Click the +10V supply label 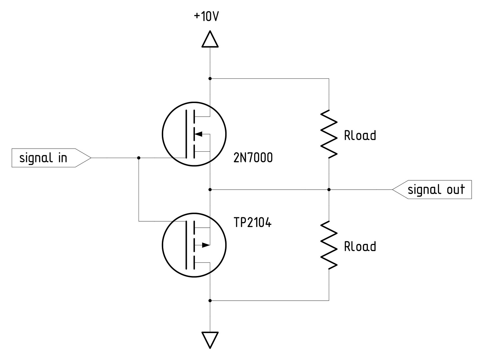point(207,16)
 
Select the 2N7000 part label point(253,157)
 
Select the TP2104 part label point(252,222)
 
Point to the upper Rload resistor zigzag point(329,134)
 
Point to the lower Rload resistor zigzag point(329,245)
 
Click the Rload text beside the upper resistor point(360,136)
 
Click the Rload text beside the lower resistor point(360,247)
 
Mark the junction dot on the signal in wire point(139,158)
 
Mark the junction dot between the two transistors point(210,190)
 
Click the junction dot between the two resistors point(329,190)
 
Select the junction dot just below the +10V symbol point(210,79)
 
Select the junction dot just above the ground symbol point(210,301)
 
